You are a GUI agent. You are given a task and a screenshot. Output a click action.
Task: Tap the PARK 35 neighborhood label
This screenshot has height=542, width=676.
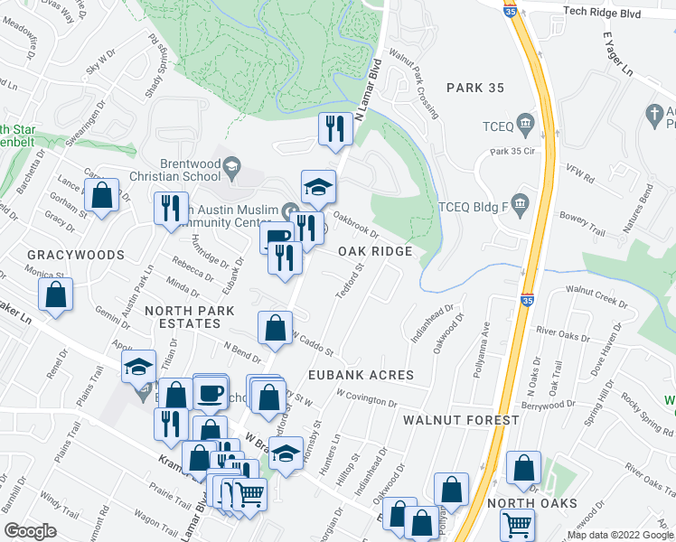[x=479, y=87]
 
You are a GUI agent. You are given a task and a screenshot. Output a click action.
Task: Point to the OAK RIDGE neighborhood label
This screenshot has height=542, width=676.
[x=375, y=251]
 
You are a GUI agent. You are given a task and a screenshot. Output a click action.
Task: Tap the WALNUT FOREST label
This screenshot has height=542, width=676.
[x=461, y=420]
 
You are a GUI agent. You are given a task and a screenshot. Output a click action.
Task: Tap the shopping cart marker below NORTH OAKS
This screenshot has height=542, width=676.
[x=517, y=525]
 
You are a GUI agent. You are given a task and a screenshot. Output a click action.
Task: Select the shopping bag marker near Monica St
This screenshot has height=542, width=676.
[x=56, y=295]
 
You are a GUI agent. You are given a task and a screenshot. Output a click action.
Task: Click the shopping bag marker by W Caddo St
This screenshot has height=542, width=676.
[x=275, y=329]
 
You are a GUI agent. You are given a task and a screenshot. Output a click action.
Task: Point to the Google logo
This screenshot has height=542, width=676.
[x=30, y=531]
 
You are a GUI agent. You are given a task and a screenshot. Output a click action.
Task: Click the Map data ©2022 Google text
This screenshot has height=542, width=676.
[x=620, y=535]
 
